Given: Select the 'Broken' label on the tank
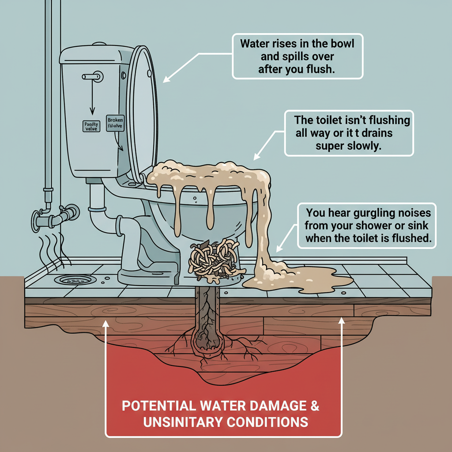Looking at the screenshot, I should pos(115,120).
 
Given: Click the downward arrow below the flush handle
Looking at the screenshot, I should pos(92,99).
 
